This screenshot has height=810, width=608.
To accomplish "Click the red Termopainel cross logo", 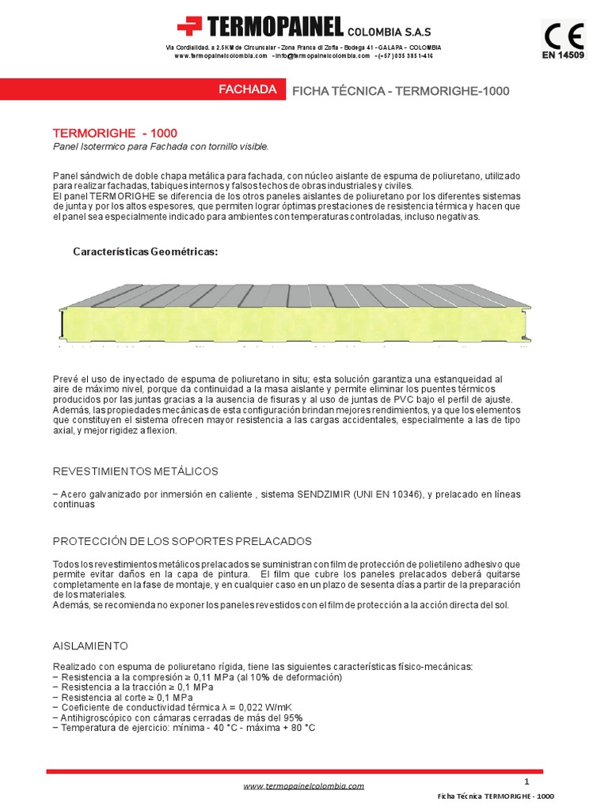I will click(190, 27).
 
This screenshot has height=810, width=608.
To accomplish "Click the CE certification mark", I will click(563, 36).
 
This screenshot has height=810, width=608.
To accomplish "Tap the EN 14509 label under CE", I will click(563, 55).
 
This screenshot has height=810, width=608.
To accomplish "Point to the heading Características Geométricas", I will click(145, 252).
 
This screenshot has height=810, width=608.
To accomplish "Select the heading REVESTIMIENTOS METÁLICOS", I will click(135, 471).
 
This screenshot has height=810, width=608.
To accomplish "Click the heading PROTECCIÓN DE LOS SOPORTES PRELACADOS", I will click(182, 541).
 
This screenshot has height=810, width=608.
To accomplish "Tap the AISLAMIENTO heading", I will click(89, 646).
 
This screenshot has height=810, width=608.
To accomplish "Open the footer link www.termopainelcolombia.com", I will click(303, 786).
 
